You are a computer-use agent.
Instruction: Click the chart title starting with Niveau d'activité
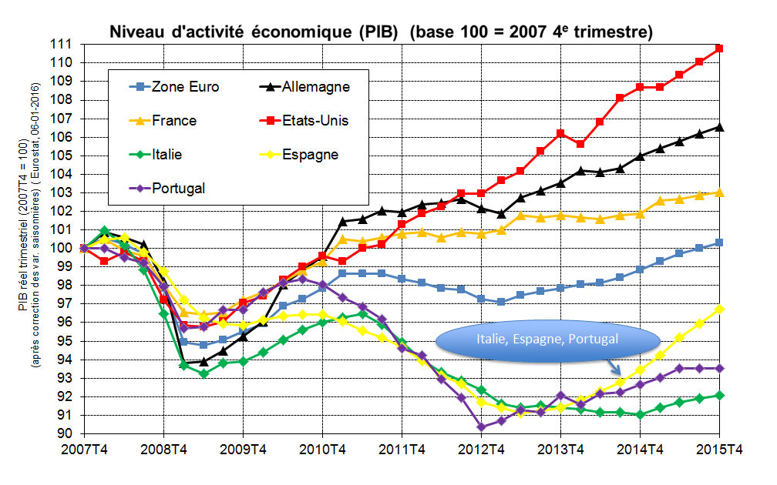[x=381, y=32]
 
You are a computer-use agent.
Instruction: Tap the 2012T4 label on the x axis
[x=480, y=449]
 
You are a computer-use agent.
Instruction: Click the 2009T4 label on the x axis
[x=243, y=449]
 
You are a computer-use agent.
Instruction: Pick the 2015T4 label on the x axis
[x=718, y=449]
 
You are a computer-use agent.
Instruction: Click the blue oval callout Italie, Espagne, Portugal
[x=547, y=339]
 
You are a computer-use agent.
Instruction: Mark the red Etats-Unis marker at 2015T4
[x=718, y=48]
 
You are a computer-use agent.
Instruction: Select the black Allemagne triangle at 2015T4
[x=718, y=127]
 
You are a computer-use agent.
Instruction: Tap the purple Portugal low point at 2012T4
[x=481, y=426]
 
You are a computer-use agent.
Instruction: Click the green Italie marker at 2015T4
[x=718, y=395]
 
